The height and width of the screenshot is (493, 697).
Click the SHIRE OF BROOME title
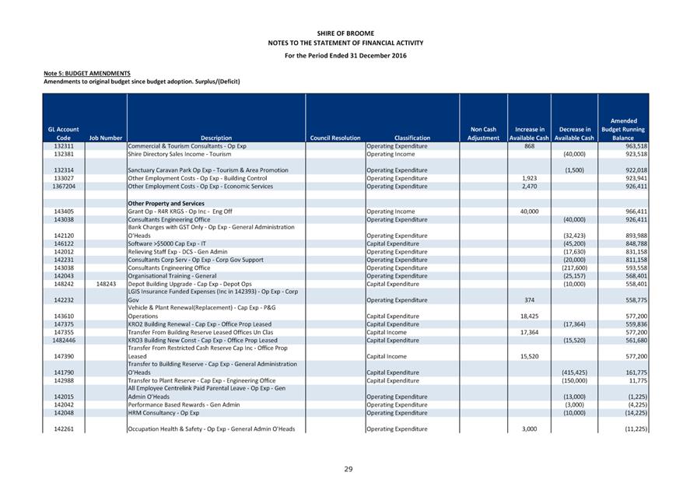tap(345, 33)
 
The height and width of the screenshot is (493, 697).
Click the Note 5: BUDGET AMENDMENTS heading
tap(87, 73)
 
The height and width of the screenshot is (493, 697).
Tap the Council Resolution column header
tap(334, 138)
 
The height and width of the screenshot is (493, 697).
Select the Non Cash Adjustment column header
tap(483, 134)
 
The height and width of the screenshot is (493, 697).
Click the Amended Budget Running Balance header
tap(623, 129)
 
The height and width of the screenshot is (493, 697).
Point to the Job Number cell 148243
tap(105, 284)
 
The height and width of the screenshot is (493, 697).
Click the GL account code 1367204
tap(64, 187)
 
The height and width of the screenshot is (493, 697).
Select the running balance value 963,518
tap(636, 146)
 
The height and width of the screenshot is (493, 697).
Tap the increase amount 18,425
tap(528, 316)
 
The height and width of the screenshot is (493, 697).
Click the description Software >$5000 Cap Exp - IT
tap(168, 243)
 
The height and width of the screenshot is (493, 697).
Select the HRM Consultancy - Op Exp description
tap(163, 413)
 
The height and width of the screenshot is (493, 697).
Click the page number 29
tap(348, 469)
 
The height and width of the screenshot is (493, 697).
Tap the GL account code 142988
tap(64, 380)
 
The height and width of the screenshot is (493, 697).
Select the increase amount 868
tap(530, 146)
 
